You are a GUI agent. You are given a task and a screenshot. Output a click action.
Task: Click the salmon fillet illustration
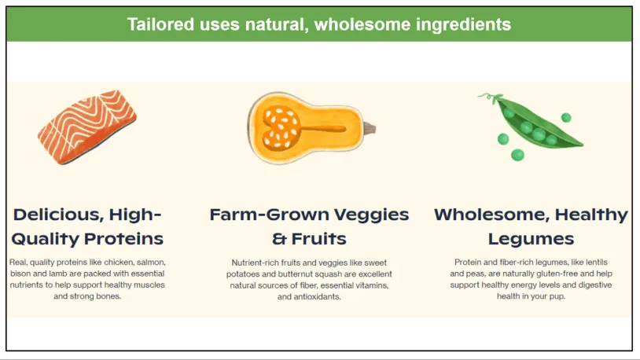87,127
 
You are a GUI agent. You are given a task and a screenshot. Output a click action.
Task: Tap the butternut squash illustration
311,127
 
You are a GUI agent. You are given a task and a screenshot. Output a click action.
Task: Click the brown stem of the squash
370,129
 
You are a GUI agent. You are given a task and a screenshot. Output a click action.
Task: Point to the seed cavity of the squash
281,127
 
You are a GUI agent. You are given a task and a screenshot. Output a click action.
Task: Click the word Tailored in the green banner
160,24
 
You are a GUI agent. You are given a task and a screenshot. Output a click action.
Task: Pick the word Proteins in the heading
124,239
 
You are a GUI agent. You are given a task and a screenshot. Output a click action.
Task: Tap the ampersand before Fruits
279,239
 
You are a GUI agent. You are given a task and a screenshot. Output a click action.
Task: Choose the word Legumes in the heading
531,239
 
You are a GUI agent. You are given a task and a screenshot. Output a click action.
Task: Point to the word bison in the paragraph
20,274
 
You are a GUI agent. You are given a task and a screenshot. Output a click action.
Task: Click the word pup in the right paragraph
557,297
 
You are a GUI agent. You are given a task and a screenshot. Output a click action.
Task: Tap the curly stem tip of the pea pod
481,97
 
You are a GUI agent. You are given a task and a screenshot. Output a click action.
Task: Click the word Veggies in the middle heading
371,215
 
